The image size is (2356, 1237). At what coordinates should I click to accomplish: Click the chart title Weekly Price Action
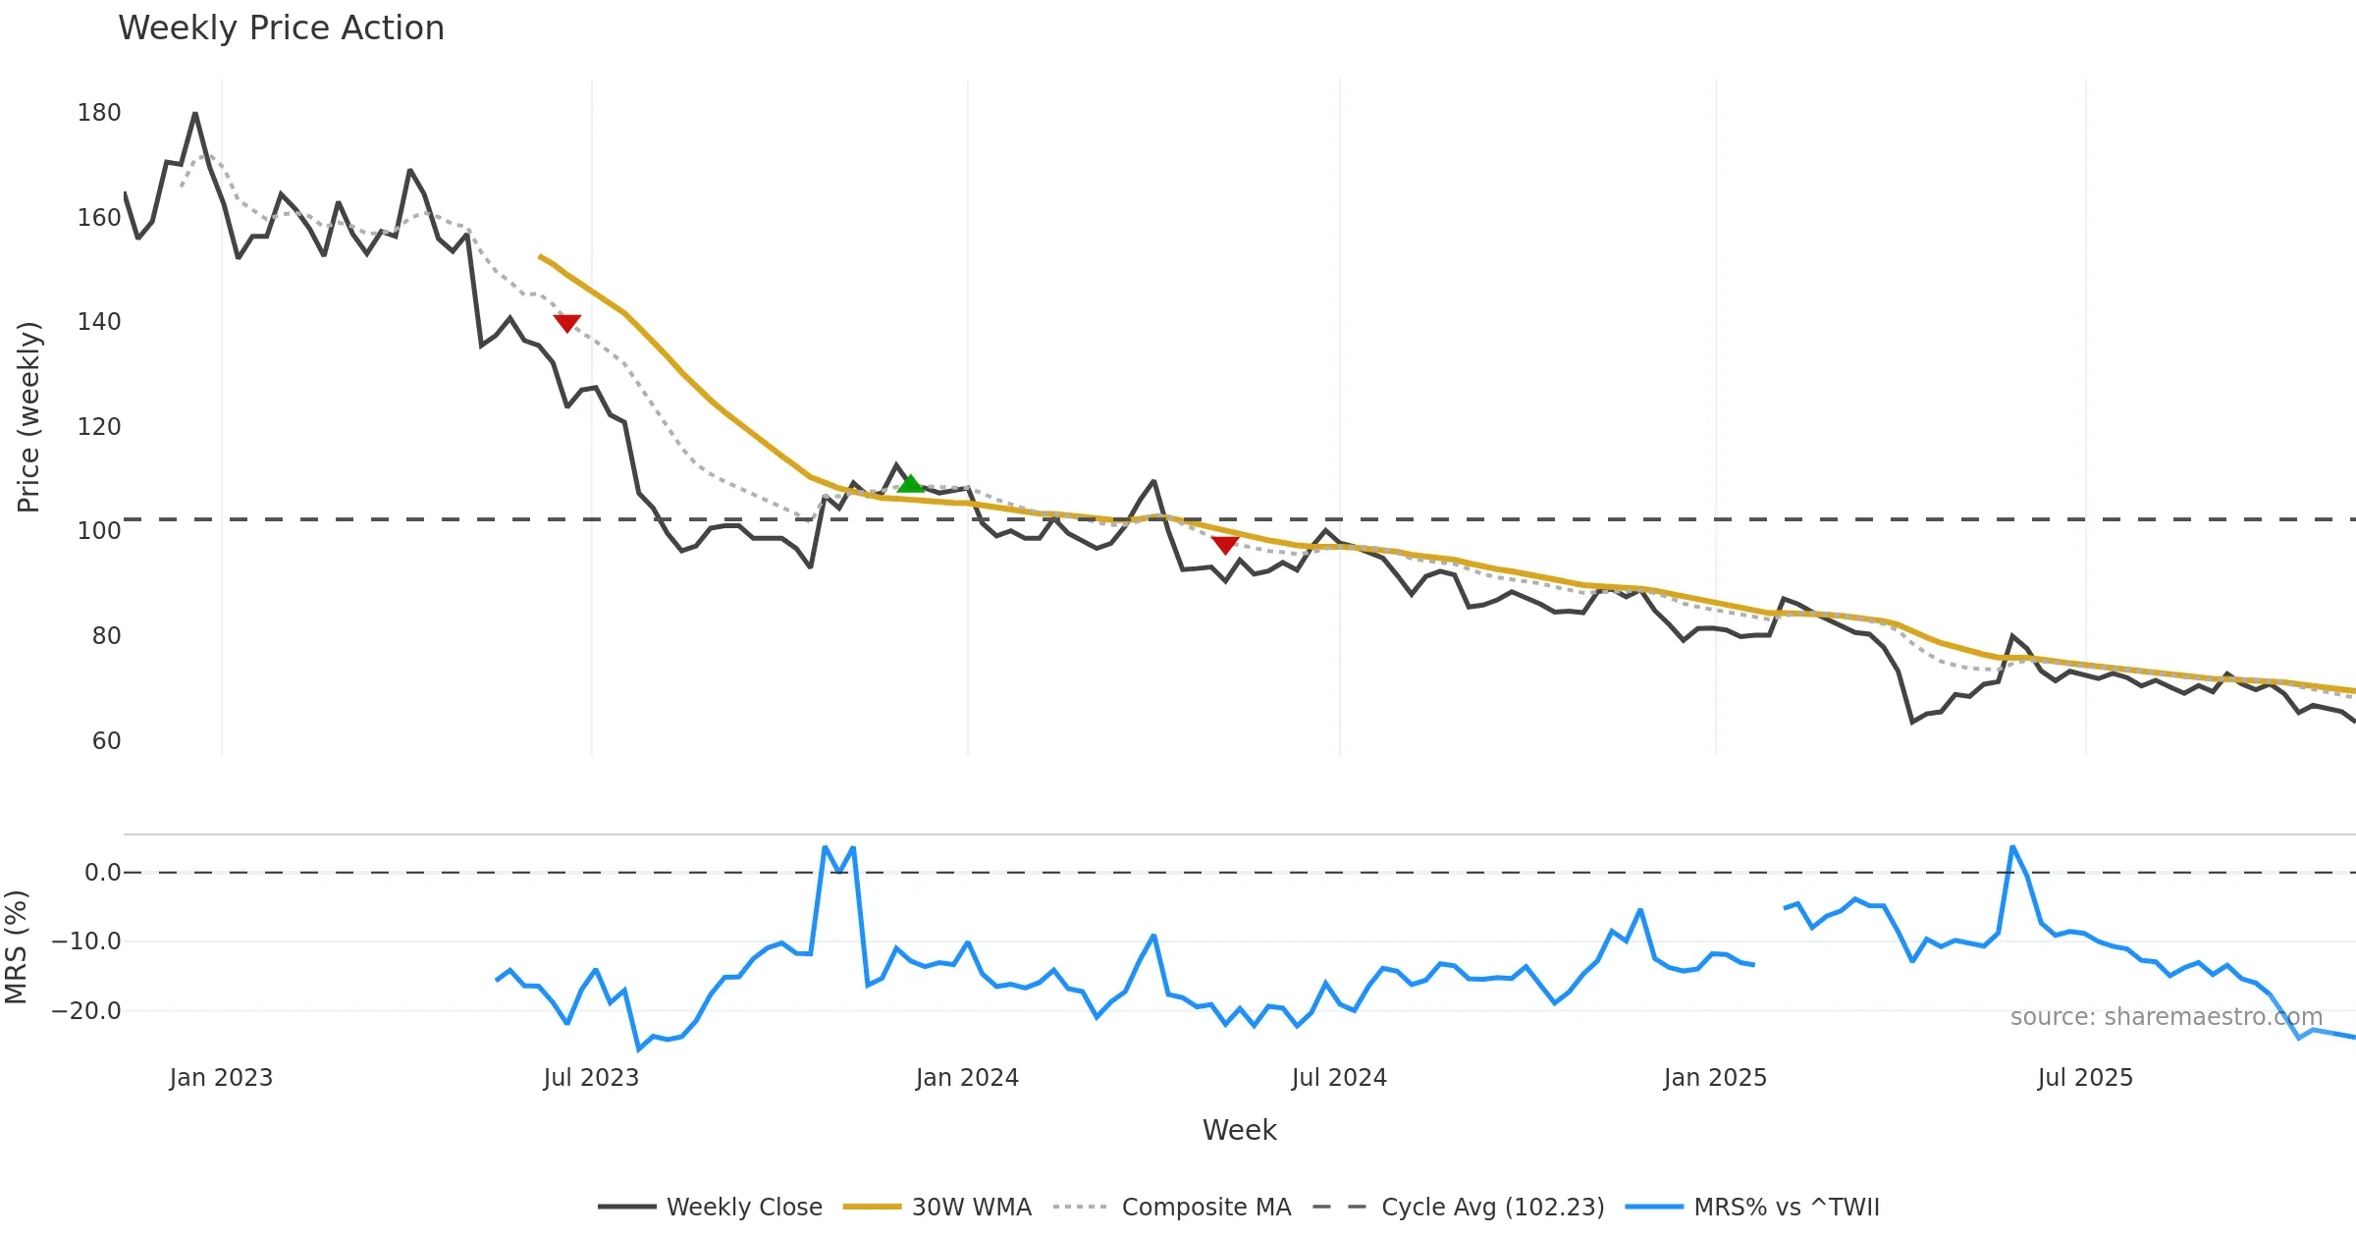(281, 28)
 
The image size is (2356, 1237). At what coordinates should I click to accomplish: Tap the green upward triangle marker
(910, 483)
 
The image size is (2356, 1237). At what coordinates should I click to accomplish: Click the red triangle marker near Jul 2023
(567, 323)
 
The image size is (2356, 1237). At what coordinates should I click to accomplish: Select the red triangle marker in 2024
(1224, 545)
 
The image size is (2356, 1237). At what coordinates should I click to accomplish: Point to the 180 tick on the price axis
(99, 113)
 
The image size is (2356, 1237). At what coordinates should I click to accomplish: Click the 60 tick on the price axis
(106, 741)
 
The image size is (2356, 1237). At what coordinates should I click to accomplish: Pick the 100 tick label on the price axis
(99, 531)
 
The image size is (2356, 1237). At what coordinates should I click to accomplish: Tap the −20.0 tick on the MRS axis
(86, 1011)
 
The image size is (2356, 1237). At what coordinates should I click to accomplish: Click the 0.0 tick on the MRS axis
(103, 873)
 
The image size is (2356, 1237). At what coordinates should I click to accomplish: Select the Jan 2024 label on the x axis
(967, 1078)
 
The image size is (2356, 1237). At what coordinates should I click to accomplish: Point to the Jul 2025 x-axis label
(2085, 1078)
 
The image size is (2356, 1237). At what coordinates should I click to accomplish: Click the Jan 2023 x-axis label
(221, 1078)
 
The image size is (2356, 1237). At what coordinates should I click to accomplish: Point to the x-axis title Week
(1239, 1131)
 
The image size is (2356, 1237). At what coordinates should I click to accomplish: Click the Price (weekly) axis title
(28, 417)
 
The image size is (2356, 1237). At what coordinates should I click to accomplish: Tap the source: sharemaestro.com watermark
(2167, 1017)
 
